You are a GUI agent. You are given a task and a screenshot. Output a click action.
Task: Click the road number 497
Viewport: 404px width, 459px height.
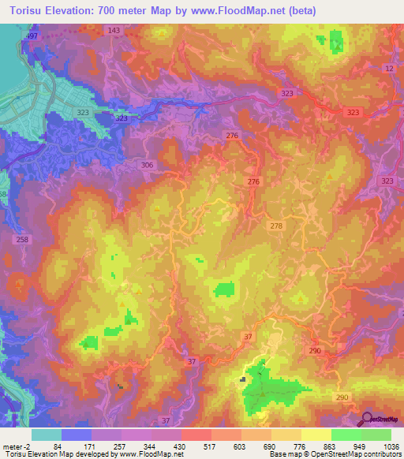point(32,37)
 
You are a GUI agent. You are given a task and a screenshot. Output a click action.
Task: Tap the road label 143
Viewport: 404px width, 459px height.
point(114,30)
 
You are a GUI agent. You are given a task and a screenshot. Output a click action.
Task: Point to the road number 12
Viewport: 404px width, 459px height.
point(389,69)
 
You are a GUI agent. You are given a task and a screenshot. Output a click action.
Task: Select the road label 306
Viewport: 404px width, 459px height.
point(147,165)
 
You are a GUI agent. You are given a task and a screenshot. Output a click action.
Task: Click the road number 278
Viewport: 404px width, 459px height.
point(276,226)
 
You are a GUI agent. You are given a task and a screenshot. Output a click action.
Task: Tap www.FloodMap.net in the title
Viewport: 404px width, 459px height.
point(258,10)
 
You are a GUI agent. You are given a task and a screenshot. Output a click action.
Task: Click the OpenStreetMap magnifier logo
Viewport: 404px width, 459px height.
point(368,419)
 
